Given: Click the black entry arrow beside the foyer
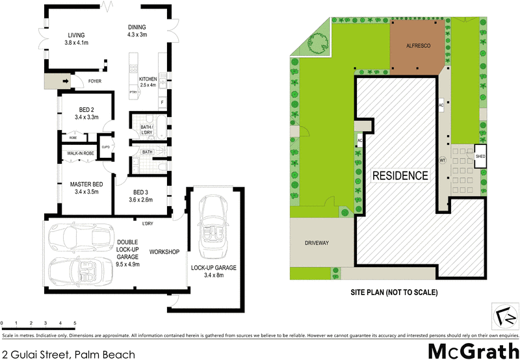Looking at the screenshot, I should [66, 81].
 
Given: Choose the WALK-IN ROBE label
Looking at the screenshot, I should [79, 153].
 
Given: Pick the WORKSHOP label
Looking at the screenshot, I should [164, 251].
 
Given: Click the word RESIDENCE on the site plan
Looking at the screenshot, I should [400, 175].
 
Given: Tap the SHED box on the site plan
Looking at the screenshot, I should [480, 157].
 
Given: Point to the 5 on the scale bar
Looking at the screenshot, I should [75, 323].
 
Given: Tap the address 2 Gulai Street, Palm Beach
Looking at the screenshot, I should [68, 354].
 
